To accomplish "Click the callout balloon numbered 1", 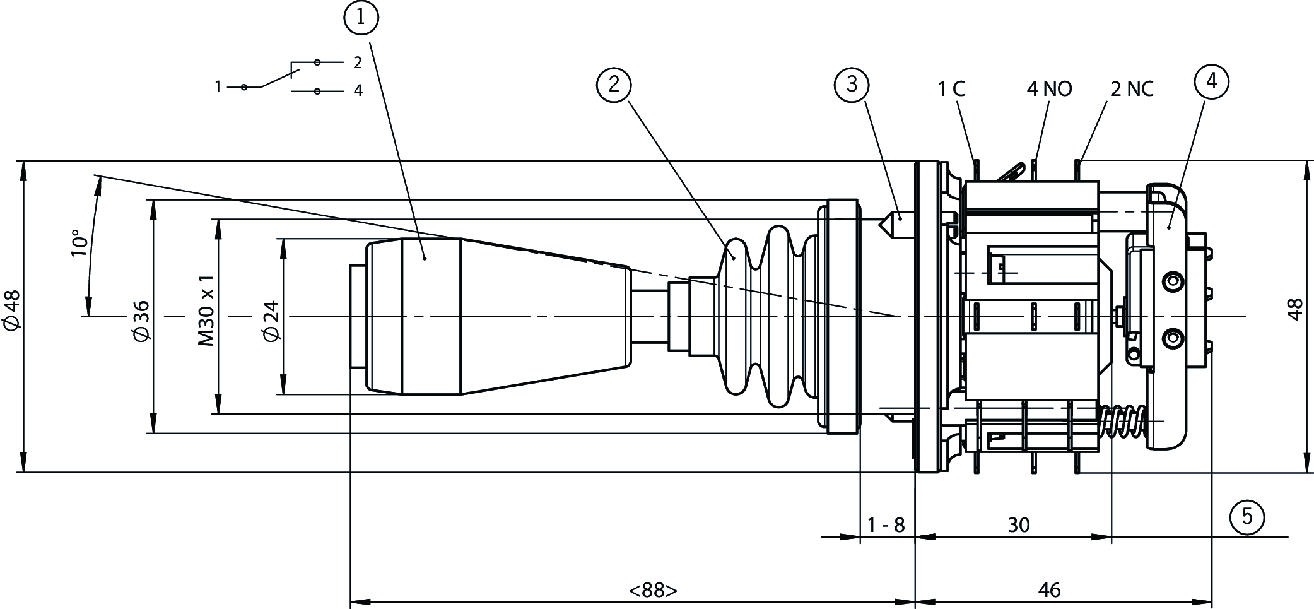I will tap(361, 18).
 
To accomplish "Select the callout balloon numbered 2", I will tap(614, 85).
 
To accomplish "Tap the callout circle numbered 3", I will tap(852, 84).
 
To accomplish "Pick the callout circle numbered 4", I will tap(1211, 81).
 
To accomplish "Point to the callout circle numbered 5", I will tap(1247, 517).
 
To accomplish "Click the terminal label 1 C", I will tap(951, 89).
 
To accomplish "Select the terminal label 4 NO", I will tap(1049, 89).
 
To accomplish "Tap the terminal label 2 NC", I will tap(1132, 89).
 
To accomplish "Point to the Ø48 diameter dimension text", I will tap(12, 310).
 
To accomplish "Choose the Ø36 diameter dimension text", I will tap(142, 321).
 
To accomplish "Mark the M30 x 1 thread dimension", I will tap(207, 310).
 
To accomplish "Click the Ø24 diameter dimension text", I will tap(271, 321).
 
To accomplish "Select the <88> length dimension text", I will tap(653, 590).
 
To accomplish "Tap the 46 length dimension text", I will tap(1049, 590).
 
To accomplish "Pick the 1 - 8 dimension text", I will tap(886, 524).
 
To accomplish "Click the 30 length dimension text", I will tap(1018, 524).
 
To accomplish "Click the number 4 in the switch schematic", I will tap(358, 91).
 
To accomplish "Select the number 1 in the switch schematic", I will tap(218, 87).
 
